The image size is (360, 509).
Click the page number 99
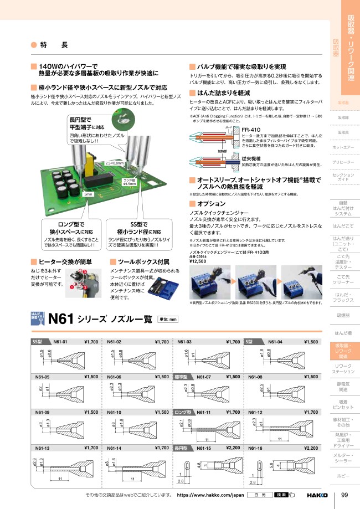pos(344,495)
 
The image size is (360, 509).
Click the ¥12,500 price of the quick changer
pos(198,261)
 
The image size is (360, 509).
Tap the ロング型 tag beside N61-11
pos(182,413)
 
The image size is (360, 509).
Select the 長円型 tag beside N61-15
pos(182,448)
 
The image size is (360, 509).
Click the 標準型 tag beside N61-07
pos(182,377)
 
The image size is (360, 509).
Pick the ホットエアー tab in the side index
pos(343,147)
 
